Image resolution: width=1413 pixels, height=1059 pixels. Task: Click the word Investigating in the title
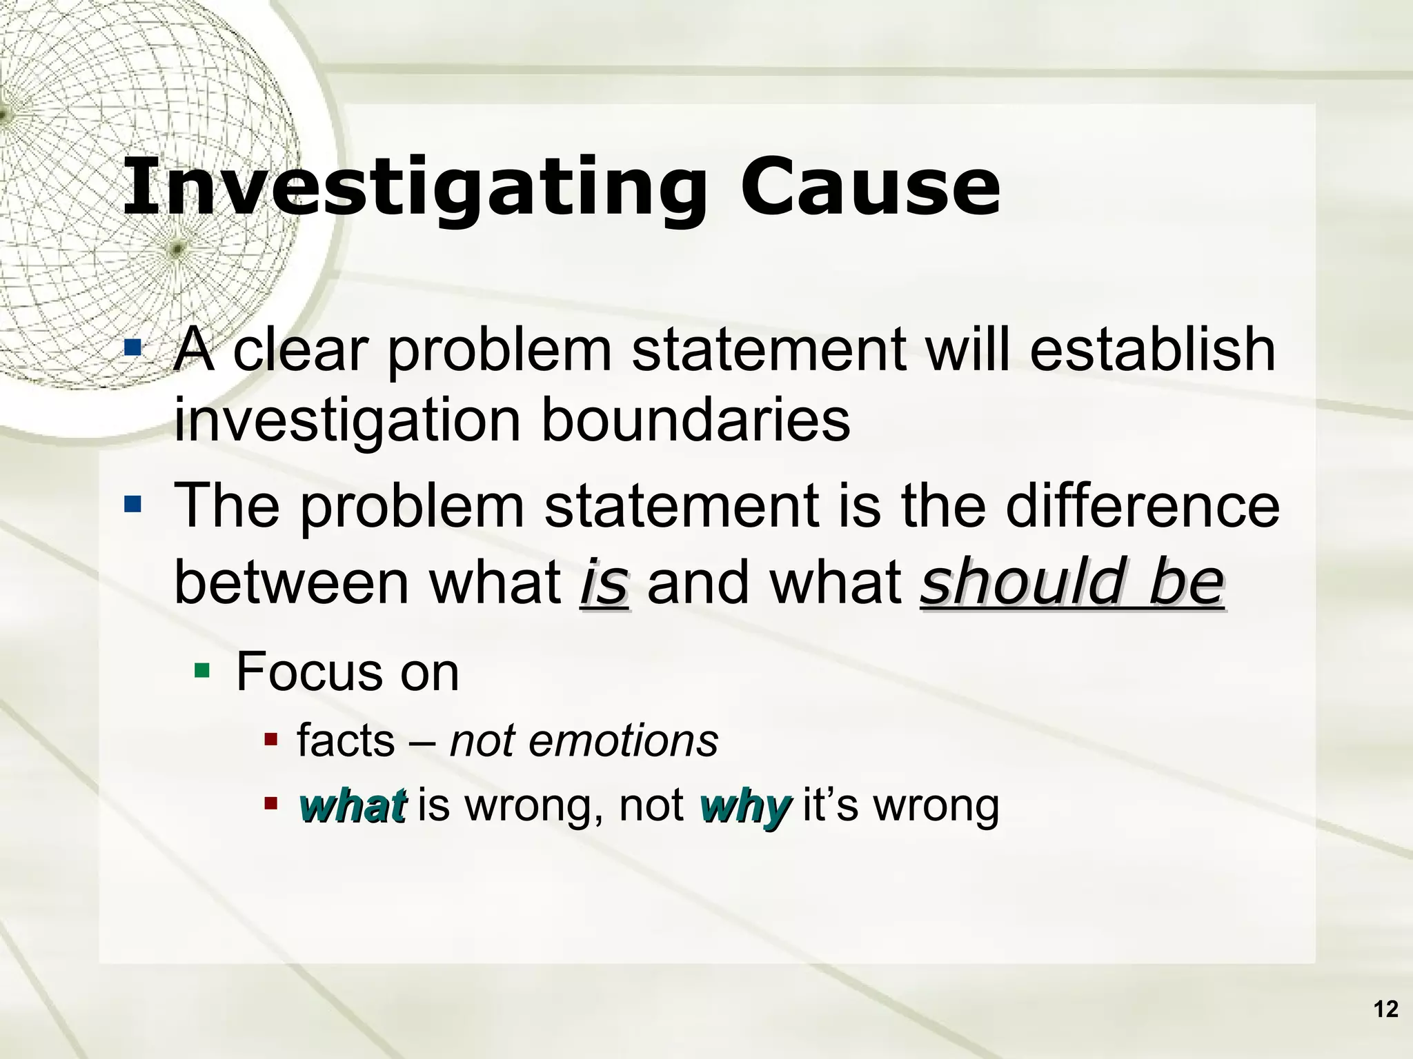[414, 188]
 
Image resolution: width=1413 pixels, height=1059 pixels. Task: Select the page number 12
[1385, 1009]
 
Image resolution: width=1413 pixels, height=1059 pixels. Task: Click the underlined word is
[604, 583]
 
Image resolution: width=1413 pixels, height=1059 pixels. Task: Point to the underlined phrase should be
[1071, 583]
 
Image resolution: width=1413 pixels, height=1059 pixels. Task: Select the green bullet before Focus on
[202, 669]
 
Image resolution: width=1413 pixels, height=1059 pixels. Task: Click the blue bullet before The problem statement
[132, 505]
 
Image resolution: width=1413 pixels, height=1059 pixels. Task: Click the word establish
[1152, 349]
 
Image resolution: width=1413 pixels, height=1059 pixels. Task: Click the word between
[290, 583]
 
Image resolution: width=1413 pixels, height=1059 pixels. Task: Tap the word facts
[346, 742]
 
